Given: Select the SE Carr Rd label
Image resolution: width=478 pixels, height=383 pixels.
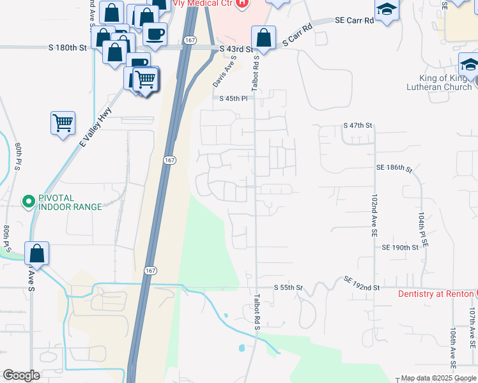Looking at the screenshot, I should [x=355, y=20].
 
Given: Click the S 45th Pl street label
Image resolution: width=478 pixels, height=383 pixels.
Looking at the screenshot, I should [x=233, y=99].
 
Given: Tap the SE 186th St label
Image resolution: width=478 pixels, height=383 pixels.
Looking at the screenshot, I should [x=394, y=167].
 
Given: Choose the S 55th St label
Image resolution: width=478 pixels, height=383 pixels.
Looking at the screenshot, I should [x=288, y=288].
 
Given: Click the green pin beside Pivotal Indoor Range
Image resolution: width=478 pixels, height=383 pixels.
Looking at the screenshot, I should [x=28, y=202].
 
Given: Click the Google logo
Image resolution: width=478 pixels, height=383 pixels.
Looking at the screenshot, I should [x=21, y=375].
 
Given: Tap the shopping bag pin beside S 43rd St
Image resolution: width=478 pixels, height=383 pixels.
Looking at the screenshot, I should [x=263, y=38].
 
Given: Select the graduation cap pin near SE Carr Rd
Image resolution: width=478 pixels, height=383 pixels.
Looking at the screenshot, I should [x=386, y=10].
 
